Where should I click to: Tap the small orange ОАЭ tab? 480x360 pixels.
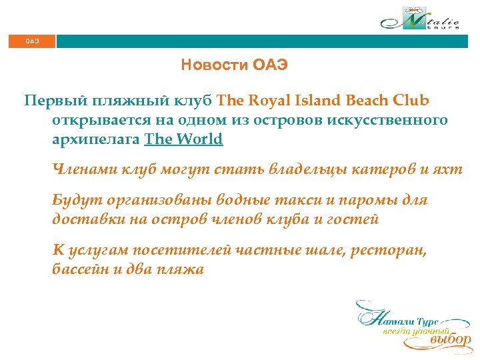[32, 41]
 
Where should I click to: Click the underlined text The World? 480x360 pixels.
[183, 139]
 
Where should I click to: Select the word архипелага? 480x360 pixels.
[96, 139]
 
